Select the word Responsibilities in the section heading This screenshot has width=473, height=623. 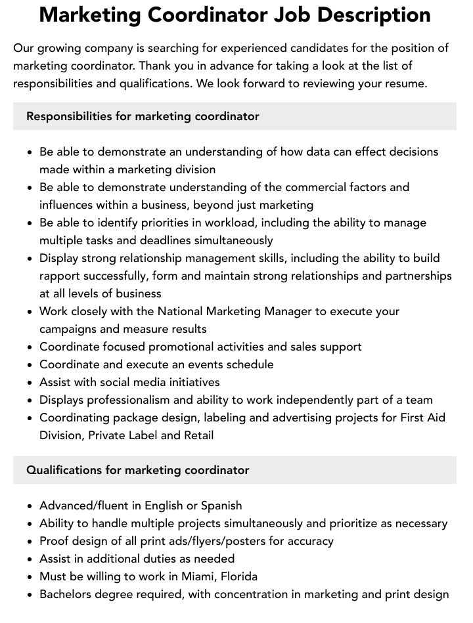[x=69, y=116]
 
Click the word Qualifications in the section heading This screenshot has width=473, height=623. [x=64, y=470]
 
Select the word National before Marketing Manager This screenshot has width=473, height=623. [x=178, y=311]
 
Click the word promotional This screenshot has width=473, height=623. [x=189, y=347]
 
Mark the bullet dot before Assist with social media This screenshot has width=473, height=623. [x=30, y=383]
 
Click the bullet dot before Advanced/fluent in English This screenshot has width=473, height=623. [x=30, y=506]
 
